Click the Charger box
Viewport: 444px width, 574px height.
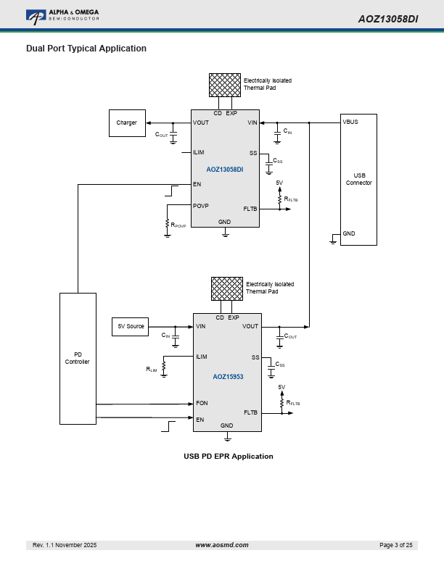(127, 123)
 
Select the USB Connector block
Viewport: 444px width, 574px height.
(358, 179)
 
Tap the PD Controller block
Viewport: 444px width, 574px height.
(78, 358)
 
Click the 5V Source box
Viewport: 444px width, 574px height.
(131, 327)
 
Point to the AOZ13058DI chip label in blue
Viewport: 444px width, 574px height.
(224, 169)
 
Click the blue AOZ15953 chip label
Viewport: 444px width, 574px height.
(228, 377)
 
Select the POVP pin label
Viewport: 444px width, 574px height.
(201, 206)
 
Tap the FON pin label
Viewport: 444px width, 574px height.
(202, 403)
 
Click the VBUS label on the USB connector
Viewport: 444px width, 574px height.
(350, 122)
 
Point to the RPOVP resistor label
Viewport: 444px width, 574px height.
(178, 225)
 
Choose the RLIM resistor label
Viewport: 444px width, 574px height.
(152, 370)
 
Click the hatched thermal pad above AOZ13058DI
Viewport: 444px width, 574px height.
(224, 85)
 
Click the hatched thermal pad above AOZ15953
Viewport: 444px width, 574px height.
(227, 288)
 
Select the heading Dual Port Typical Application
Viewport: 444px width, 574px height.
(86, 49)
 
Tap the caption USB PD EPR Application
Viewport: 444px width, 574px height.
(229, 457)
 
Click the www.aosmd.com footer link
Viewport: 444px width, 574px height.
(222, 545)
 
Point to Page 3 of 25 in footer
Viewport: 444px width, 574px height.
(395, 545)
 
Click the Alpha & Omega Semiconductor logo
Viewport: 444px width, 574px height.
(62, 15)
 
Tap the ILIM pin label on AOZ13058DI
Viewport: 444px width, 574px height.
(199, 153)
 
